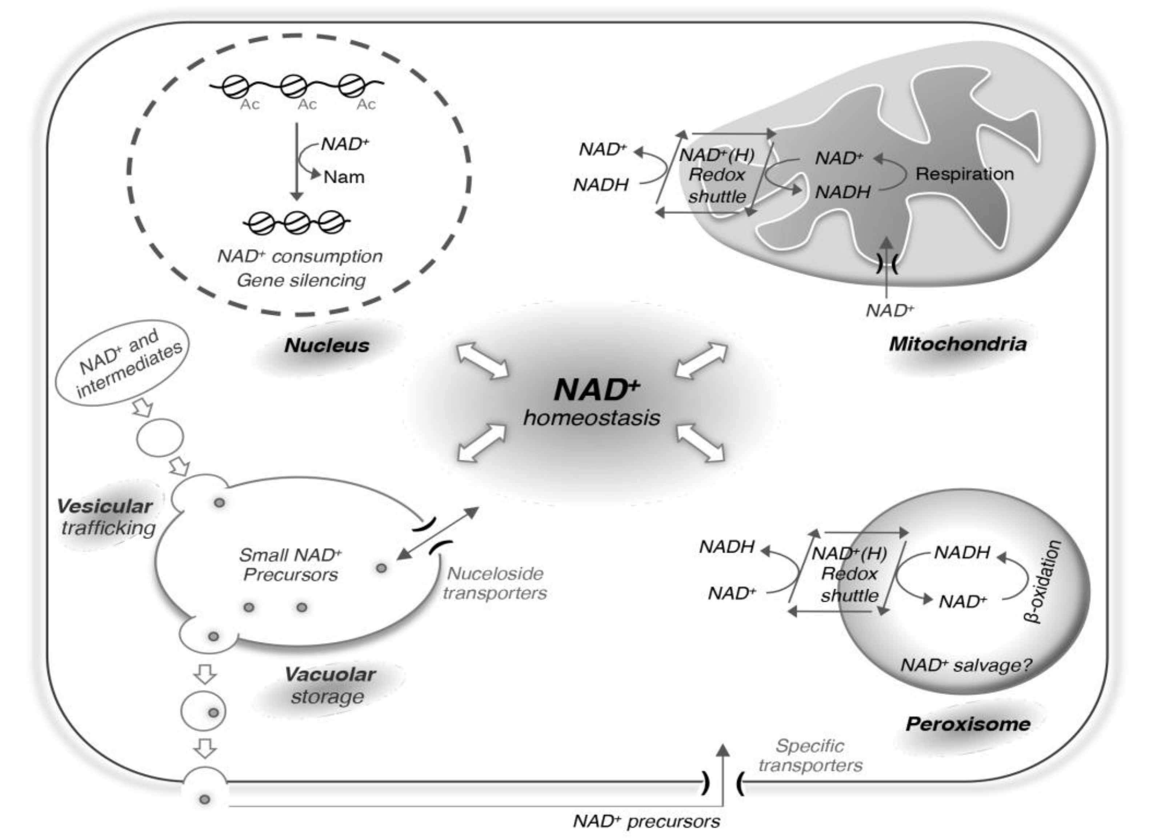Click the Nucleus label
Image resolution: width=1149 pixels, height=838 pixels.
pos(327,346)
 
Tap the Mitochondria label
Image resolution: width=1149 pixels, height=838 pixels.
pos(957,344)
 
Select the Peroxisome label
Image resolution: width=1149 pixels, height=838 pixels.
pos(968,724)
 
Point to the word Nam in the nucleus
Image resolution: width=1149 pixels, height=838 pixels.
pos(344,177)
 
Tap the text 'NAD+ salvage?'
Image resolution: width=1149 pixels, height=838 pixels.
pos(966,665)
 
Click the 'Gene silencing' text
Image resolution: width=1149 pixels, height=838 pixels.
pos(301,280)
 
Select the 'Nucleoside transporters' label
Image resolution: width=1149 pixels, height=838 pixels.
pos(495,583)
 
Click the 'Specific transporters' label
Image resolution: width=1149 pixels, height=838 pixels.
pos(810,755)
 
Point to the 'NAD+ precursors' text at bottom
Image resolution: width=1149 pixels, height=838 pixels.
pos(646,821)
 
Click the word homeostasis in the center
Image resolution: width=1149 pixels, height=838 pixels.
pos(591,418)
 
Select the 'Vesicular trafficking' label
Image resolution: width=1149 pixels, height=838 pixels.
pos(105,517)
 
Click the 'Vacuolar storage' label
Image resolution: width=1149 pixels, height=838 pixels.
pos(329,685)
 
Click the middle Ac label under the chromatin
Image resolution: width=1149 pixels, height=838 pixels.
pos(307,104)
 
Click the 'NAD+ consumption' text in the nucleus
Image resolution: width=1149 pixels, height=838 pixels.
pos(300,256)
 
